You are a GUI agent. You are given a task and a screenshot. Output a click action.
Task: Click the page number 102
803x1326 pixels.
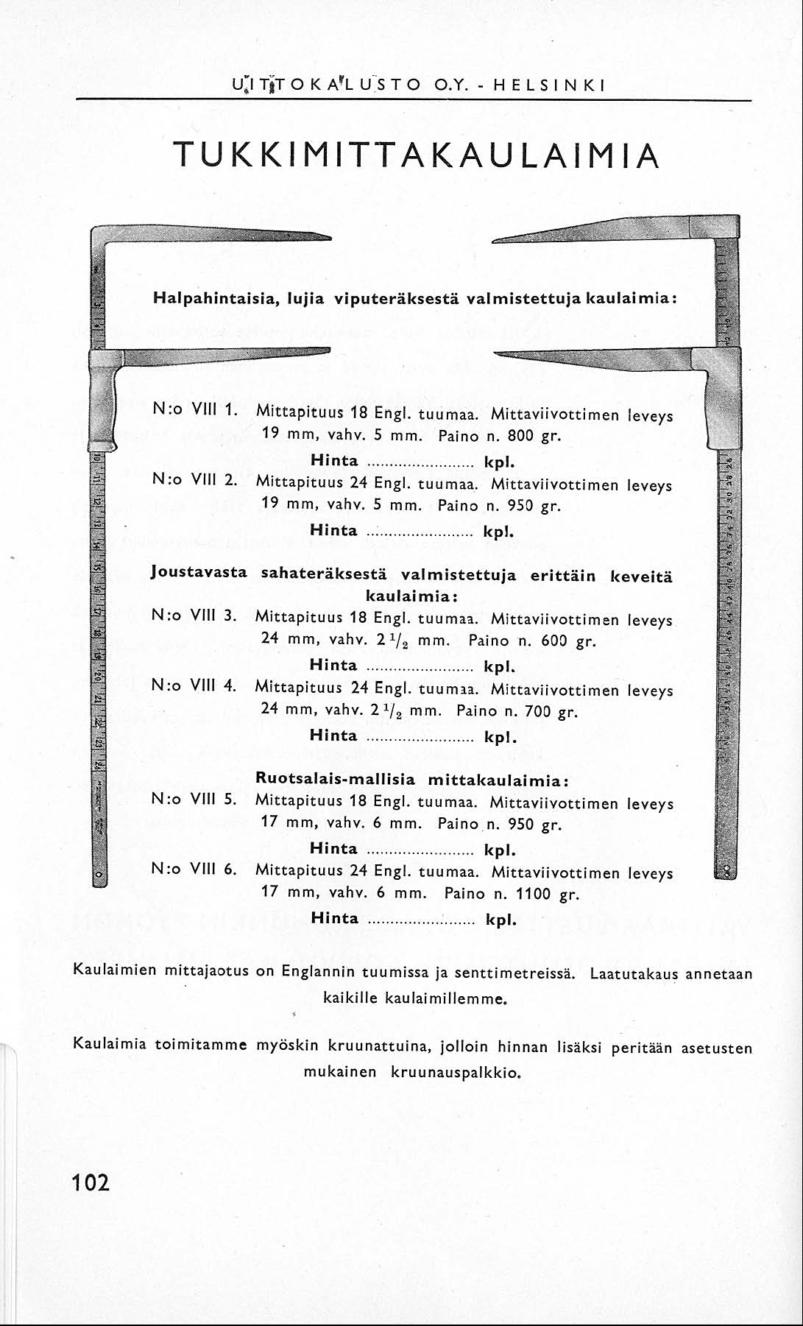coord(91,1183)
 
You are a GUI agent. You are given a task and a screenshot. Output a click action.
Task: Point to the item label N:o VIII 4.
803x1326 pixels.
coord(193,685)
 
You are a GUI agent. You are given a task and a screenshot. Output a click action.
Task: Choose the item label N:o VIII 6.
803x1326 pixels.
coord(193,870)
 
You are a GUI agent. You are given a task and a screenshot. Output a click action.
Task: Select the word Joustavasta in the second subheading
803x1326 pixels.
coord(199,571)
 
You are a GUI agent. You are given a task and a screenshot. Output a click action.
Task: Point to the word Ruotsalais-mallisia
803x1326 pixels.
coord(335,779)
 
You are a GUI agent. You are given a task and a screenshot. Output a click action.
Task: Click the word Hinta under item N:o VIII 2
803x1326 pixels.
coord(333,530)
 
